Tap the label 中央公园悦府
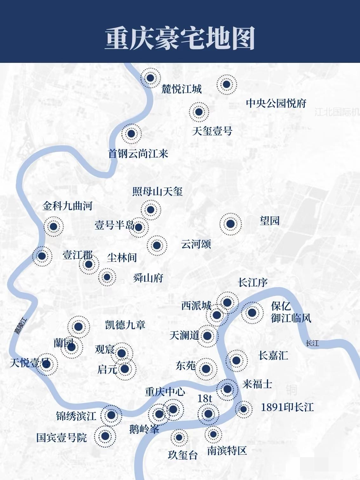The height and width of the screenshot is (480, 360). tap(276, 103)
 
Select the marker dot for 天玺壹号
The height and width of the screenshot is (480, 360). tap(199, 112)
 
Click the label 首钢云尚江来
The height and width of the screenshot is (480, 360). tap(138, 154)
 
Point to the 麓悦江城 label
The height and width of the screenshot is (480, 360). tap(182, 89)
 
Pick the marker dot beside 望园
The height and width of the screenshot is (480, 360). tap(230, 224)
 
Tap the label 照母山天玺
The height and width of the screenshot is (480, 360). tap(157, 191)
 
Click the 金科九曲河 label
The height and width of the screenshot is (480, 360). tap(67, 206)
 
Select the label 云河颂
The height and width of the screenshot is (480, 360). tap(196, 244)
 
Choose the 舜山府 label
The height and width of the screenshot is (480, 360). tap(148, 278)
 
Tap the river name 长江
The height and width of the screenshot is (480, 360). tap(312, 343)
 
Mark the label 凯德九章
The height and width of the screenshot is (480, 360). tap(125, 324)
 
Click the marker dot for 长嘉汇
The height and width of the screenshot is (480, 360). tap(236, 360)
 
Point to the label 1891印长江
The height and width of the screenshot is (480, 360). tap(287, 407)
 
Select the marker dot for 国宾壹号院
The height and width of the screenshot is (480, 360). tap(105, 436)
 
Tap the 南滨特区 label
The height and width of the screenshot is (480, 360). tap(227, 450)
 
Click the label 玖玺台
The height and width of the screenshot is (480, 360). tap(183, 455)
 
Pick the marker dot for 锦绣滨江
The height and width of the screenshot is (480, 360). tap(111, 415)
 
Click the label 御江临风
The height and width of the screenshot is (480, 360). tap(291, 318)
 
